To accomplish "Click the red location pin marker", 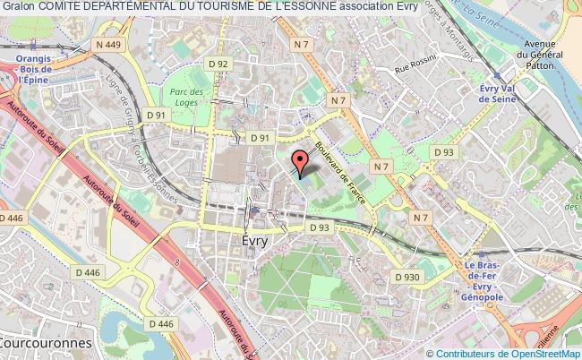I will coord(299,162).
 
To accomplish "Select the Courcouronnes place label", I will coord(36,343).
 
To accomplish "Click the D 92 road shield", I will coord(218,64).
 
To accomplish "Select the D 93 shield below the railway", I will coord(321,227).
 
